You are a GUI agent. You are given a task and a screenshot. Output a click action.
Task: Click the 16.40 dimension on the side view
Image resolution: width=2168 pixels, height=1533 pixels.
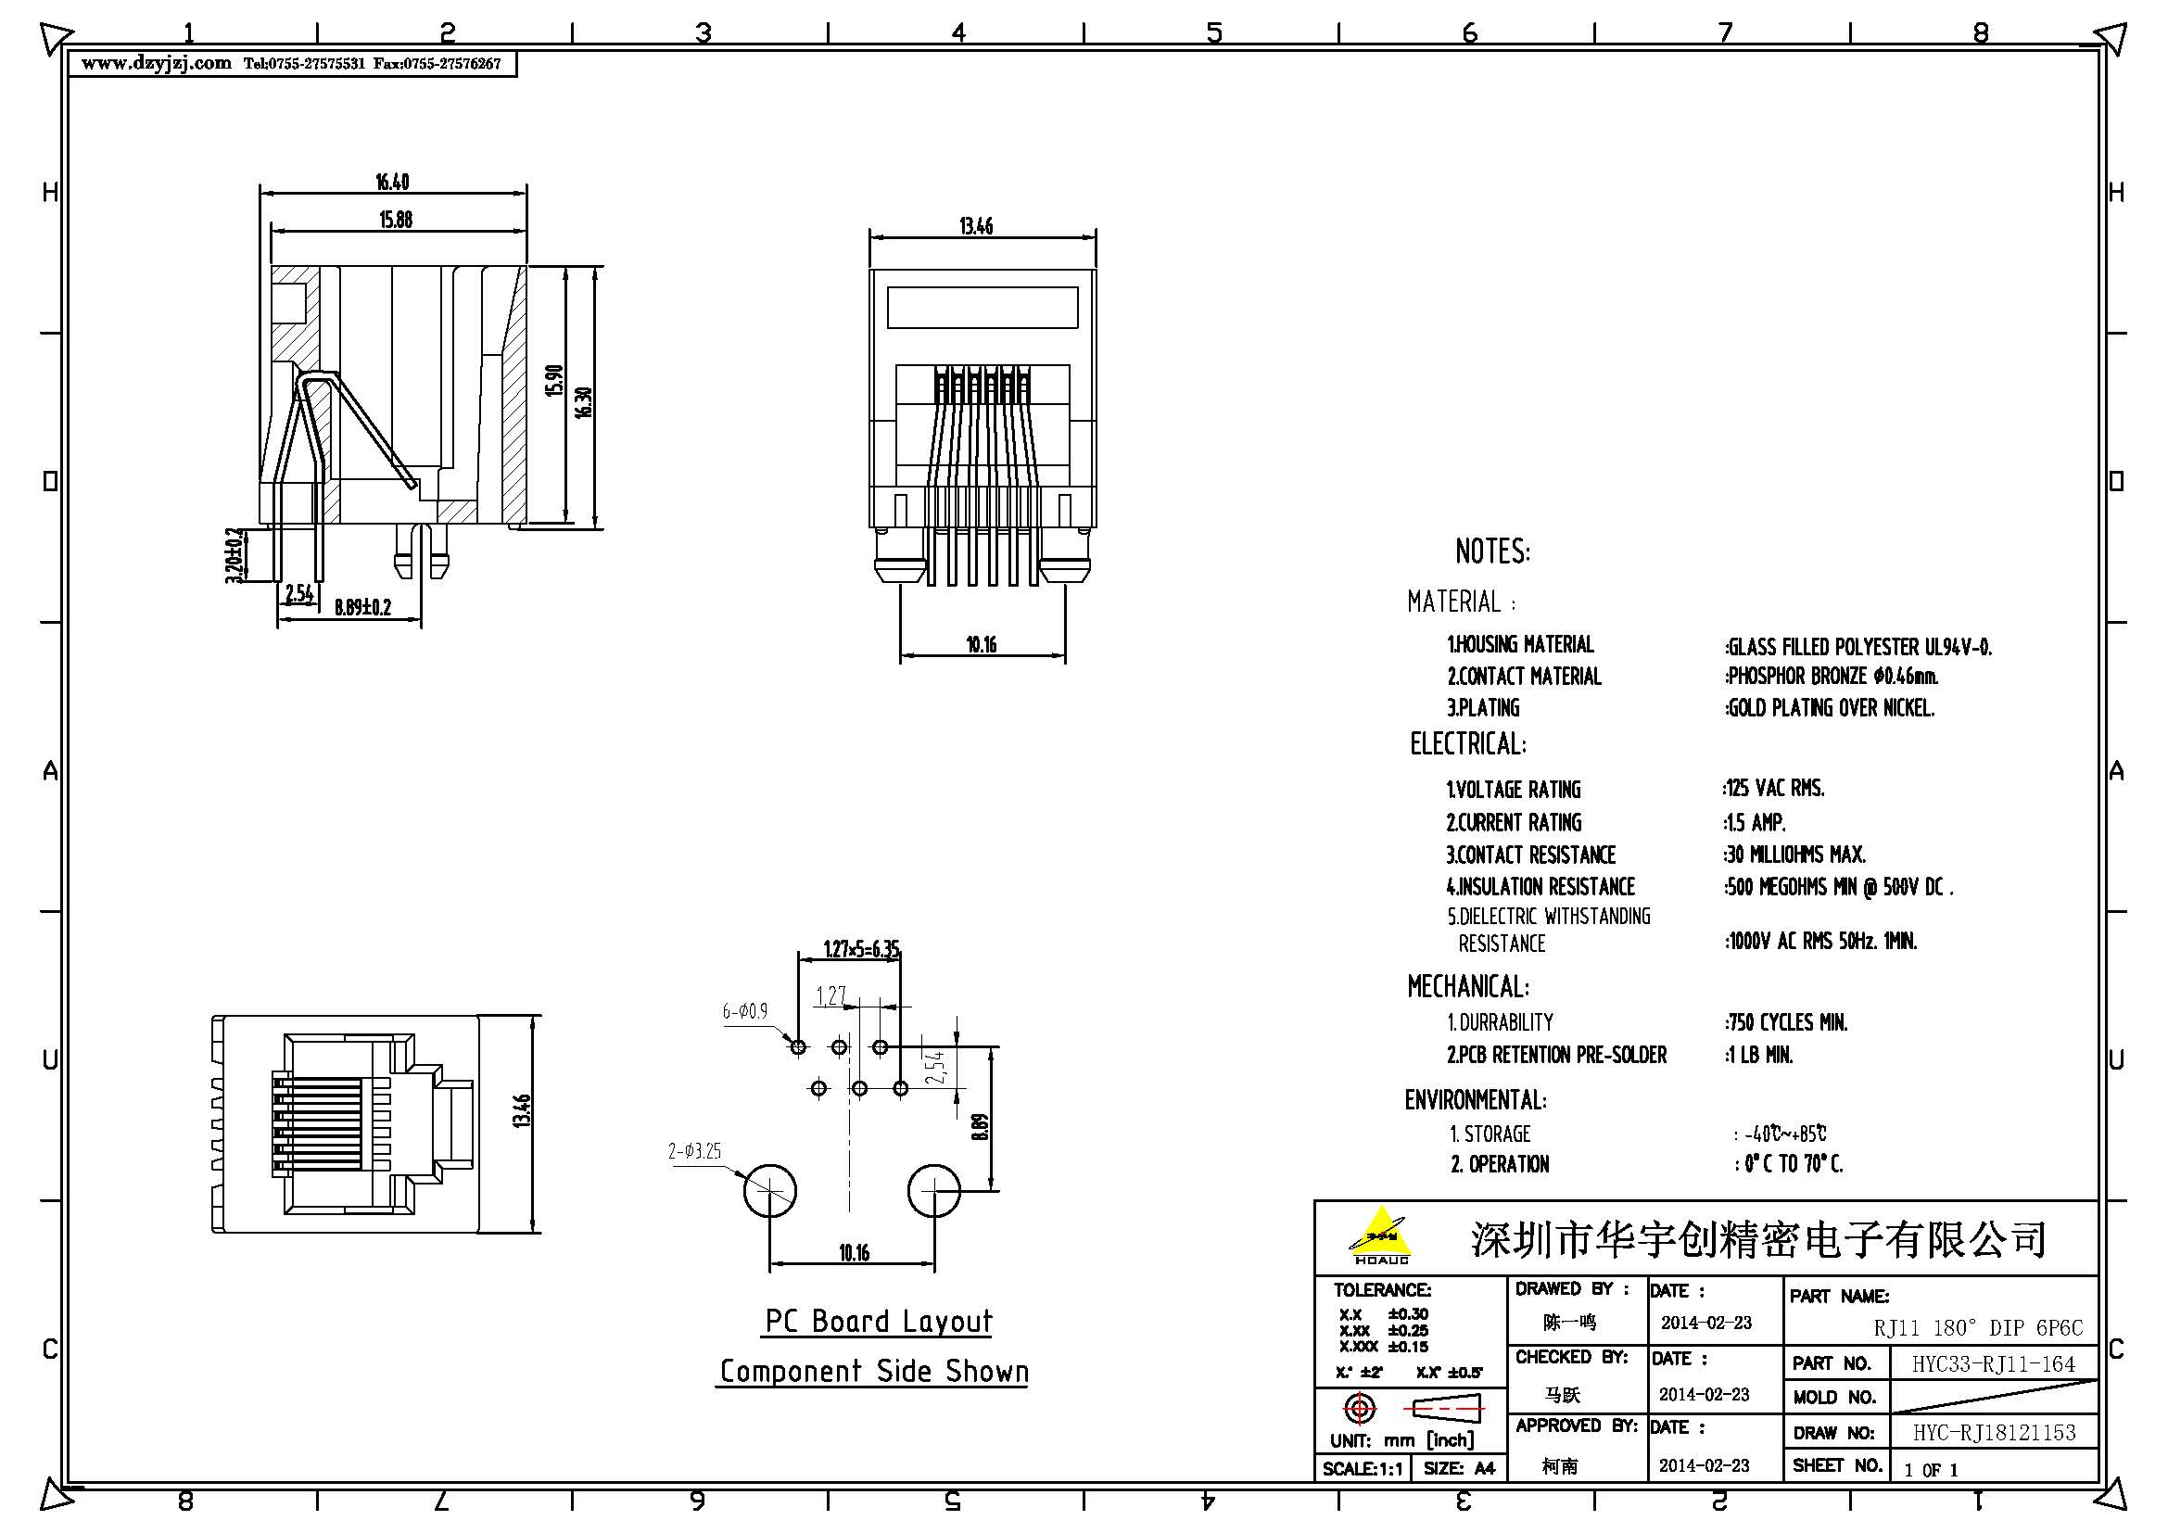(392, 182)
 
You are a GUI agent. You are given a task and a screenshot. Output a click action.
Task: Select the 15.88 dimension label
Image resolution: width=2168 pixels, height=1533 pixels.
(396, 220)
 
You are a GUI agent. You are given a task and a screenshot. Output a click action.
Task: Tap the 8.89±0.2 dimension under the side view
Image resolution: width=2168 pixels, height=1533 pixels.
(361, 607)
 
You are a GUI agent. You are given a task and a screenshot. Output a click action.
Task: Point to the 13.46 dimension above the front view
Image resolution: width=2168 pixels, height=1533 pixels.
(975, 226)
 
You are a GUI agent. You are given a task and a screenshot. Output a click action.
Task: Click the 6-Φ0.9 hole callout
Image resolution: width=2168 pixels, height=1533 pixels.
(745, 1012)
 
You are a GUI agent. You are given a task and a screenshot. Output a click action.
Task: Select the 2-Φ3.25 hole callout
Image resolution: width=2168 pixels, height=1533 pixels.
(694, 1152)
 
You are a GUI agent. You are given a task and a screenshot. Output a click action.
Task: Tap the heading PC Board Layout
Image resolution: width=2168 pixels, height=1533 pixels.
(878, 1321)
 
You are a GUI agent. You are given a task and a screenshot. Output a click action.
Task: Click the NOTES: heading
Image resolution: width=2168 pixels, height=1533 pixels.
(1492, 551)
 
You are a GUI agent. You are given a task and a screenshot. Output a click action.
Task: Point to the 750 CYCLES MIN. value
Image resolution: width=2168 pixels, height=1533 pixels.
(1786, 1022)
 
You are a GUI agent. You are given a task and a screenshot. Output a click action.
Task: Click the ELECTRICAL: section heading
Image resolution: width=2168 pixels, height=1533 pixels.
(1467, 744)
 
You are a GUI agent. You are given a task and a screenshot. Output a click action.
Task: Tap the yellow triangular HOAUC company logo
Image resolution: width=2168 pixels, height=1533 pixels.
(1380, 1233)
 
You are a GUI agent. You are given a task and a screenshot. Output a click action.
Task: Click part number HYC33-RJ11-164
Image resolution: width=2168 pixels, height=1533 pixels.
(1994, 1364)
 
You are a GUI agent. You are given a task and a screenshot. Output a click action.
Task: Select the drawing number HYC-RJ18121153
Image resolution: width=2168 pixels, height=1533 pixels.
(1995, 1432)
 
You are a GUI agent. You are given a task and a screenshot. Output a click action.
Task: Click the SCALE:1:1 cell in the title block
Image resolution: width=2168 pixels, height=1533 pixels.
(1363, 1469)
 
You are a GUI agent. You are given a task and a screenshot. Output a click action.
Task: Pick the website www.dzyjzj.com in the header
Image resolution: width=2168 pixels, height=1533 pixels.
(156, 63)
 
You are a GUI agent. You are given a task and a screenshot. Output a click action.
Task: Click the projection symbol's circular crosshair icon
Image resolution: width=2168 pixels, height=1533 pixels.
(1359, 1410)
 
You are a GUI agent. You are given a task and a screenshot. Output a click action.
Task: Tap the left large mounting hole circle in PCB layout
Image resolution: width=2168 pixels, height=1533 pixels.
(769, 1190)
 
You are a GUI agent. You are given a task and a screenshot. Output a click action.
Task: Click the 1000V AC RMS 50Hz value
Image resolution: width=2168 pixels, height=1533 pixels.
(1821, 941)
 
